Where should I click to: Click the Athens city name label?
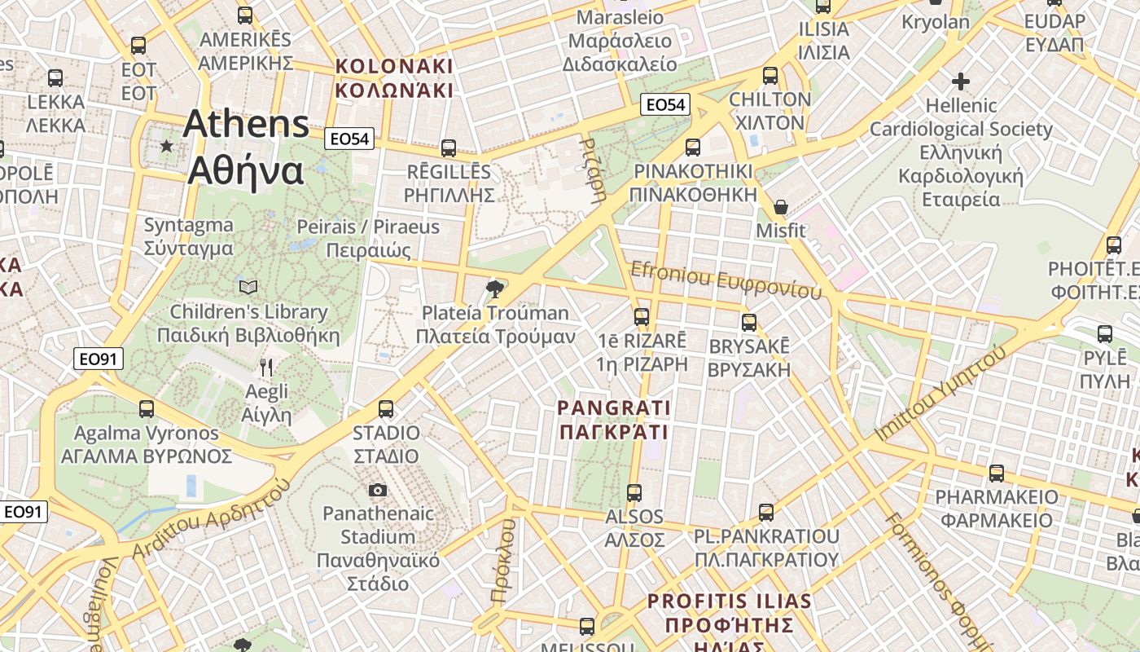click(246, 147)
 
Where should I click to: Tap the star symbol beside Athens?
click(167, 146)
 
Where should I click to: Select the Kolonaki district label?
click(394, 77)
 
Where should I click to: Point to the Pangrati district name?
click(614, 419)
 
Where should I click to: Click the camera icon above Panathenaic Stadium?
click(378, 490)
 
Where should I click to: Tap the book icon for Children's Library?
click(248, 287)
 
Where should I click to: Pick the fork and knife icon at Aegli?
click(265, 368)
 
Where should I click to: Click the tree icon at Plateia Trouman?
click(493, 288)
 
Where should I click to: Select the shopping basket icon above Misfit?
click(780, 207)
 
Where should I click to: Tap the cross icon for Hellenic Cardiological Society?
click(961, 81)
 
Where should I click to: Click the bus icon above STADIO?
click(386, 408)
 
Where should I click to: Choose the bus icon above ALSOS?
click(634, 492)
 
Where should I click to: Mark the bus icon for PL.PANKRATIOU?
click(766, 512)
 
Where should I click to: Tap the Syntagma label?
click(188, 236)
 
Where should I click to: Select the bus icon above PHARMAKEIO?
click(996, 473)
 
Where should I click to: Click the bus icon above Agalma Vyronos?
click(147, 408)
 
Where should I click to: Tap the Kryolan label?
click(936, 22)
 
